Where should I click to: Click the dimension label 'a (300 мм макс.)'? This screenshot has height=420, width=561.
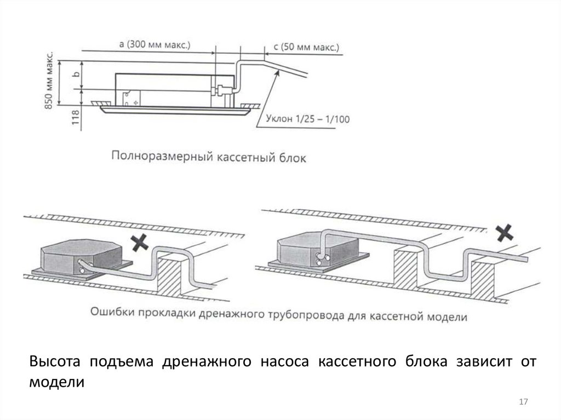point(154,45)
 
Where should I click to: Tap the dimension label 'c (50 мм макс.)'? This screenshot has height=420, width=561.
point(305,48)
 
